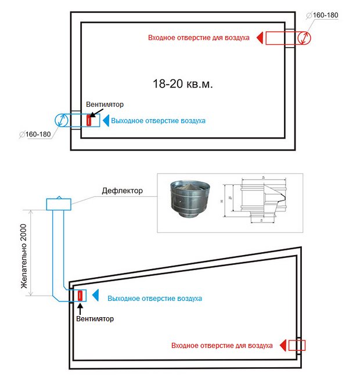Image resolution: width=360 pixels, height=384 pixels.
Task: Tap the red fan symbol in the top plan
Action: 89,121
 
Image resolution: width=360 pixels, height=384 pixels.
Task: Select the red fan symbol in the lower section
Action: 80,295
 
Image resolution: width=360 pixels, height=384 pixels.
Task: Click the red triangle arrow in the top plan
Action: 261,38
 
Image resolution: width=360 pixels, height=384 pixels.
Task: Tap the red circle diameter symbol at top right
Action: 304,38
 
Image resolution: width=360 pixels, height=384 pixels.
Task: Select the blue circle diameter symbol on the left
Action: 62,121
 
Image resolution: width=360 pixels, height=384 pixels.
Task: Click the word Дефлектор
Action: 123,191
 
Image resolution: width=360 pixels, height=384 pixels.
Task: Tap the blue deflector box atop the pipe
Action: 59,203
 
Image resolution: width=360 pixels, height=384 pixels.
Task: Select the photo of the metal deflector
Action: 189,201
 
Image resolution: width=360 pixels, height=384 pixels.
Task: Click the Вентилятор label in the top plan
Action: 105,105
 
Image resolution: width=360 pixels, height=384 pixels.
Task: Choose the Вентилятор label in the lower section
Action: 95,318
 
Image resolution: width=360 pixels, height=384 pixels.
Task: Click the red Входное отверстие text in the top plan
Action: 199,38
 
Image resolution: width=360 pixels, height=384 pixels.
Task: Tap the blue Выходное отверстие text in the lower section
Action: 155,298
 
